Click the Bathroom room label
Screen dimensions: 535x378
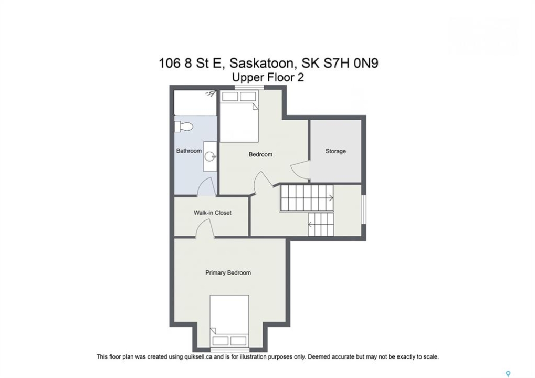(188, 151)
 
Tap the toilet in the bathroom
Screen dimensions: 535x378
(184, 127)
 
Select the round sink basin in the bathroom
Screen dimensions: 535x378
(209, 157)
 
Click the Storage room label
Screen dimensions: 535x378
(335, 151)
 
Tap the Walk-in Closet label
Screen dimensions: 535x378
(212, 213)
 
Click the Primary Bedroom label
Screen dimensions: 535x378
(228, 272)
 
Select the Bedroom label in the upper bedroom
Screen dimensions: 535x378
(260, 154)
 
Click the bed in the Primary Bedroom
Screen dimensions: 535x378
(229, 321)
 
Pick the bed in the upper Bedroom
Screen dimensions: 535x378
(239, 117)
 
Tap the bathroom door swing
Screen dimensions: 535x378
(206, 187)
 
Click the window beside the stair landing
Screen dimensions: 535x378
(364, 209)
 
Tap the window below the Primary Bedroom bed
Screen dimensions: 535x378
(229, 350)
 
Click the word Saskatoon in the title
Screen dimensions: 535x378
(261, 63)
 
